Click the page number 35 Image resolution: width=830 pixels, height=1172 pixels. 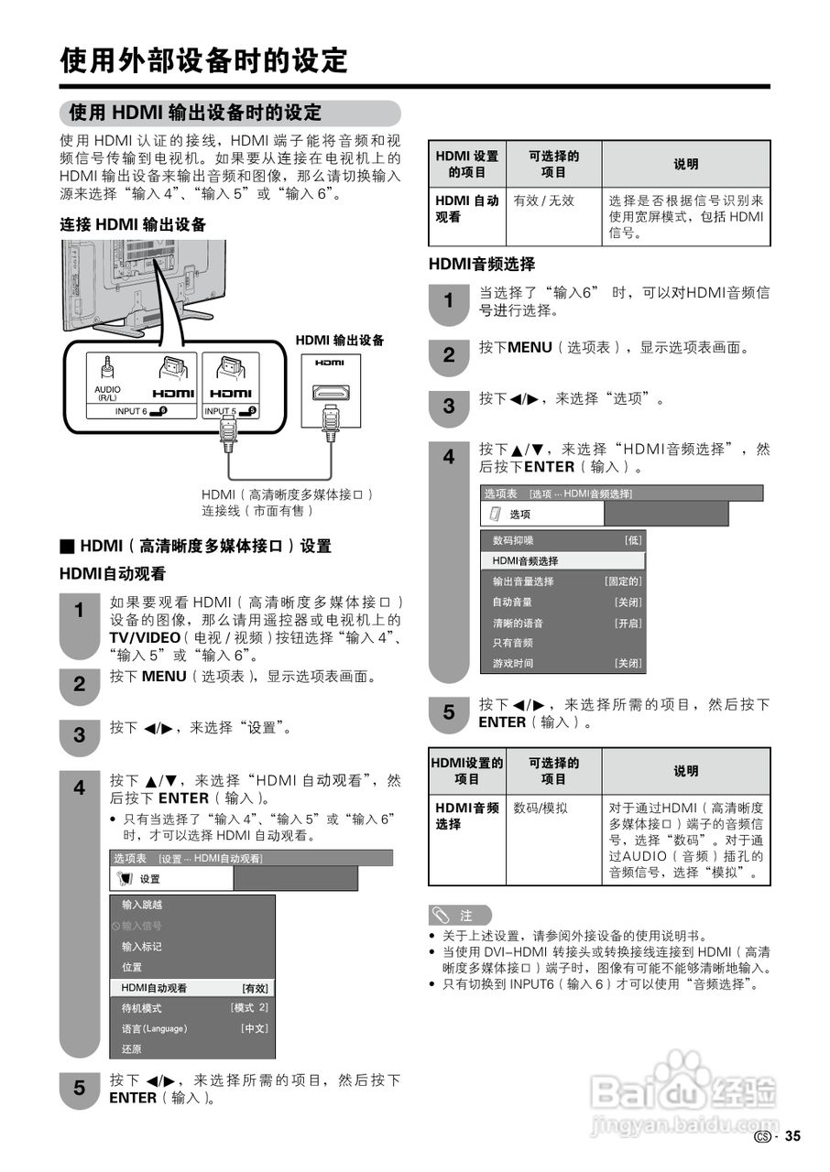(792, 1136)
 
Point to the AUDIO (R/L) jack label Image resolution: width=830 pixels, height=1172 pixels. (107, 393)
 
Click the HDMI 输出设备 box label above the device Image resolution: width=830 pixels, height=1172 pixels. (339, 341)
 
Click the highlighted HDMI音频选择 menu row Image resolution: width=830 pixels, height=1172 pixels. (562, 560)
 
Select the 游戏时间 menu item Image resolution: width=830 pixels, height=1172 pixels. (513, 663)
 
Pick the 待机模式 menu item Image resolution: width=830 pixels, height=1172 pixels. (142, 1008)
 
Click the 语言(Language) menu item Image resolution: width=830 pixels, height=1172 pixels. (155, 1028)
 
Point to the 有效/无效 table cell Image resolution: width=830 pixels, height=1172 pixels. (543, 201)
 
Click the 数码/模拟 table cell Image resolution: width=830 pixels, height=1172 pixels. (541, 808)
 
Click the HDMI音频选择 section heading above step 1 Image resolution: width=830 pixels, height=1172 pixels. (482, 265)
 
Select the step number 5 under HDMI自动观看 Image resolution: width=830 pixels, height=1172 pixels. (80, 1088)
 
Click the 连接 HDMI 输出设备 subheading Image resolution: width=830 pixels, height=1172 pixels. (133, 224)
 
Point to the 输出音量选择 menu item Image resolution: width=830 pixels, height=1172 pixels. (523, 581)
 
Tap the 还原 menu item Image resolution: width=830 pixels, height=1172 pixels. (132, 1048)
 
